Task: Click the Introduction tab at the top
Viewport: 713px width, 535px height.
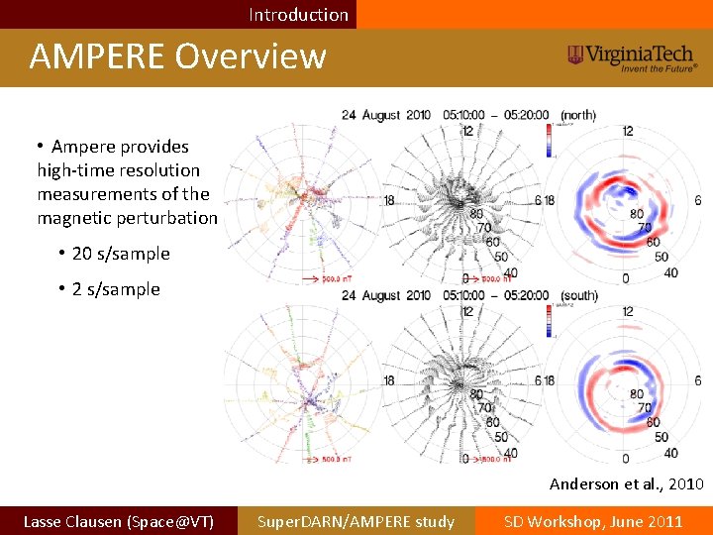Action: point(298,14)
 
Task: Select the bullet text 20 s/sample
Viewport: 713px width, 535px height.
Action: point(121,254)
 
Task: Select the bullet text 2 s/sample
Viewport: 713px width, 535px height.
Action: point(116,289)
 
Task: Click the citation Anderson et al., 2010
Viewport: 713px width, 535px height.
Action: point(627,483)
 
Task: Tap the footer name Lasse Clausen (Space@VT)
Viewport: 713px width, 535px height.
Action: point(118,521)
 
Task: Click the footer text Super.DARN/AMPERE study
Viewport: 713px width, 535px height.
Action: point(356,521)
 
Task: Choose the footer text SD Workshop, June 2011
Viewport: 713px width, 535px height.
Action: point(593,521)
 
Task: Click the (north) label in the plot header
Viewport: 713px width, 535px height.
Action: point(578,115)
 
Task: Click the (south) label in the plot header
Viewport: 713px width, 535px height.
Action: point(578,295)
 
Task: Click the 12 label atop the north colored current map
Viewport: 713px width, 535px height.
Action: point(627,131)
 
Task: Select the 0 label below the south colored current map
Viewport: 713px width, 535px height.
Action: point(625,459)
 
